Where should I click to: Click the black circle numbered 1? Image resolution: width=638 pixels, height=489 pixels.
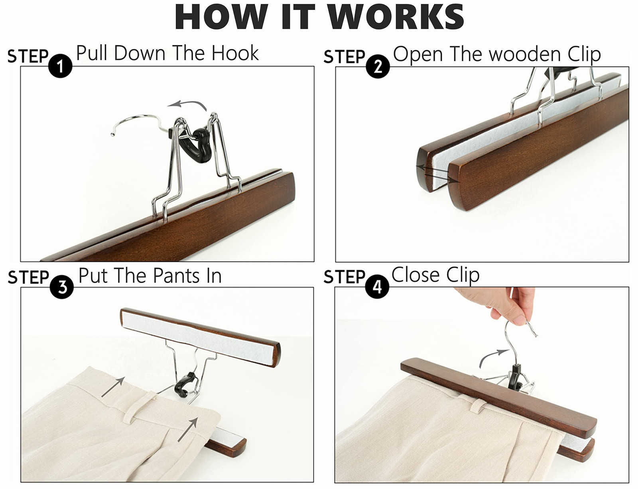tap(60, 66)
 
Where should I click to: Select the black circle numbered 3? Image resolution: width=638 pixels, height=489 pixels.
tap(62, 287)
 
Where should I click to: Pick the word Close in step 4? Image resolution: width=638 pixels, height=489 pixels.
tap(415, 275)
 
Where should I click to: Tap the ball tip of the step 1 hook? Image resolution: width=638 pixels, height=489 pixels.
tap(112, 134)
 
